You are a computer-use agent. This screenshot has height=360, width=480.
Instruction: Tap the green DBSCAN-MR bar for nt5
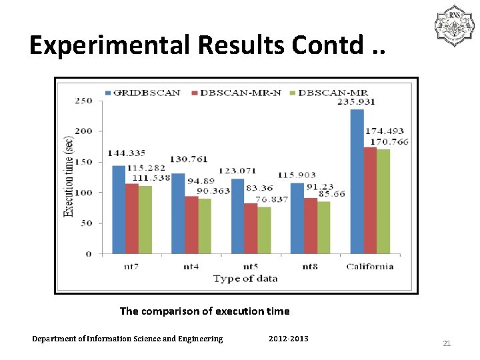(264, 230)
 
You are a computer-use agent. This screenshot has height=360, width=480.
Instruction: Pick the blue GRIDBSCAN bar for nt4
(178, 213)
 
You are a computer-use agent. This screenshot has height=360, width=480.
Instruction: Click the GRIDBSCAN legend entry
(143, 93)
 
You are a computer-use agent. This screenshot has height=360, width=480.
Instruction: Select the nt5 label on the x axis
(251, 267)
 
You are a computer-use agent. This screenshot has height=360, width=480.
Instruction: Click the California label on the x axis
(370, 267)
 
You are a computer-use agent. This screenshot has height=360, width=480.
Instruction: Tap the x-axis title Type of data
(245, 279)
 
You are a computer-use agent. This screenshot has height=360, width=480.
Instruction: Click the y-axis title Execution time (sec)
(68, 177)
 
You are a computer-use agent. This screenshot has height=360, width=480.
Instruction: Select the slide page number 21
(447, 343)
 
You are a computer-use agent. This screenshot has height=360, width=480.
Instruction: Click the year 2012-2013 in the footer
(288, 339)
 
